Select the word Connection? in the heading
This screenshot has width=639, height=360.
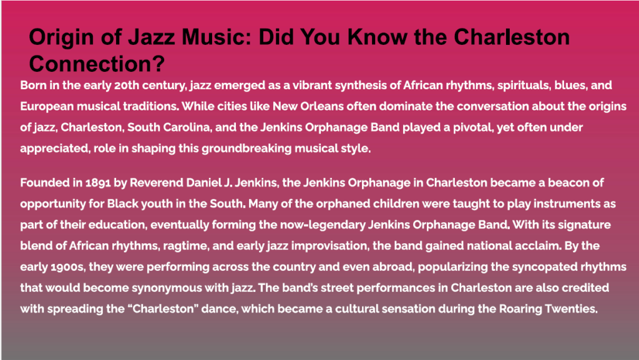97,64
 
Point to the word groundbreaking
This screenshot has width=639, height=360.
246,148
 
